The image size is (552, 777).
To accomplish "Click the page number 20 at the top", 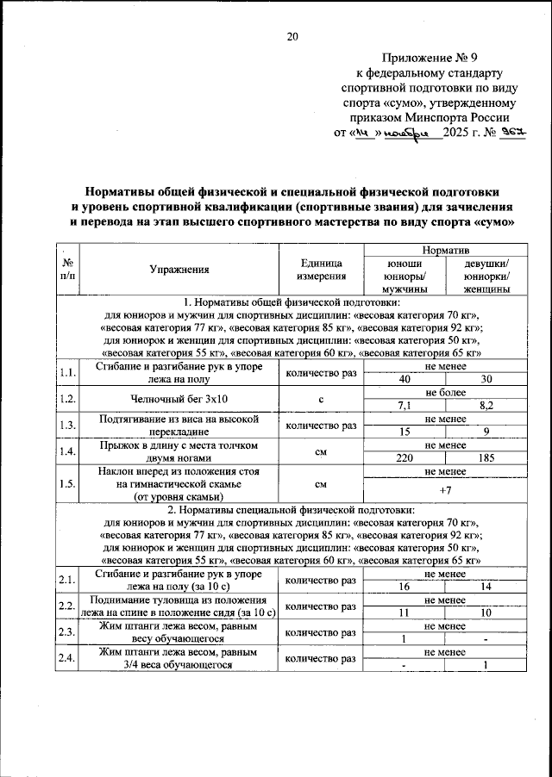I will (x=292, y=36).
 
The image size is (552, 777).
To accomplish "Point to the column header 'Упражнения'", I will (x=179, y=270).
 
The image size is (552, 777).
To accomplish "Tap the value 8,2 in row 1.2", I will (x=486, y=405).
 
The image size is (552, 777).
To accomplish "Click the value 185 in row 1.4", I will (x=486, y=458).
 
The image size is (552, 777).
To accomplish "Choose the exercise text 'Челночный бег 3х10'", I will (x=179, y=399).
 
